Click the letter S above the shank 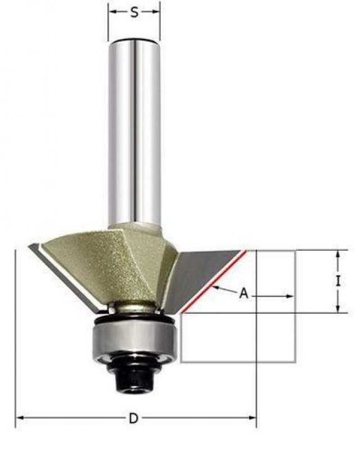(x=134, y=12)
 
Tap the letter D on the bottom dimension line (x=133, y=418)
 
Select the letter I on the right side (x=338, y=281)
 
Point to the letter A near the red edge (x=244, y=293)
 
